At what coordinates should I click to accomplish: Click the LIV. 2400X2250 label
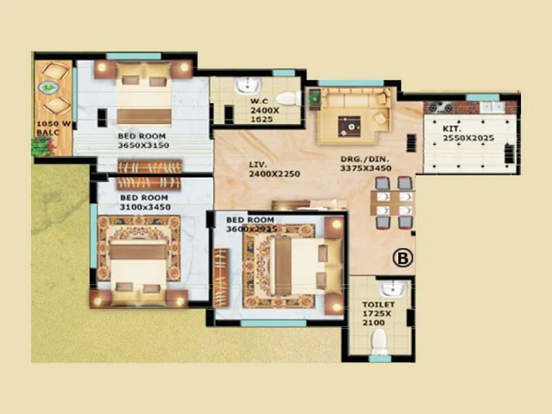click(274, 169)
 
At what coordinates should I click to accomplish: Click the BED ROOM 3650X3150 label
click(143, 140)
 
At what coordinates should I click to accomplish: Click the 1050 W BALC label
click(53, 129)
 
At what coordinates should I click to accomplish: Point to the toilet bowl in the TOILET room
click(378, 339)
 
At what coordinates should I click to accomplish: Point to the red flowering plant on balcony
click(41, 146)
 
